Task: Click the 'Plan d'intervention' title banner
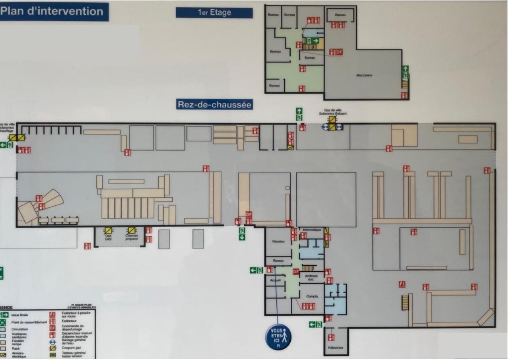(x=54, y=12)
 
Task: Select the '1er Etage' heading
(x=214, y=13)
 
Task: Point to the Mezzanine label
(x=364, y=75)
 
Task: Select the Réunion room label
(x=278, y=241)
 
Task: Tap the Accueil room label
(x=275, y=280)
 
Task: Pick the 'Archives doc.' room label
(x=311, y=278)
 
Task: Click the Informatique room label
(x=312, y=230)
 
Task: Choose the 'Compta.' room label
(x=312, y=296)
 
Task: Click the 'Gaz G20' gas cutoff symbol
(x=108, y=230)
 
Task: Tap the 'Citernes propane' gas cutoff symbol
(x=132, y=230)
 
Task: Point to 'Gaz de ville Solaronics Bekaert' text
(x=332, y=112)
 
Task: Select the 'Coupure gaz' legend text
(x=70, y=347)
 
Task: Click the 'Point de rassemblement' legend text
(x=29, y=322)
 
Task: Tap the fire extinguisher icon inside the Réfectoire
(x=331, y=337)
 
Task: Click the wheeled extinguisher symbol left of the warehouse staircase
(x=402, y=284)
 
